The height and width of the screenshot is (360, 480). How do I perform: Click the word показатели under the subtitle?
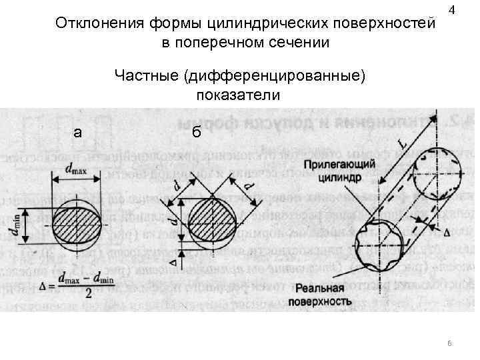(x=238, y=95)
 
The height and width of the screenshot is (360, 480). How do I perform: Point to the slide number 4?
(x=453, y=11)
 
